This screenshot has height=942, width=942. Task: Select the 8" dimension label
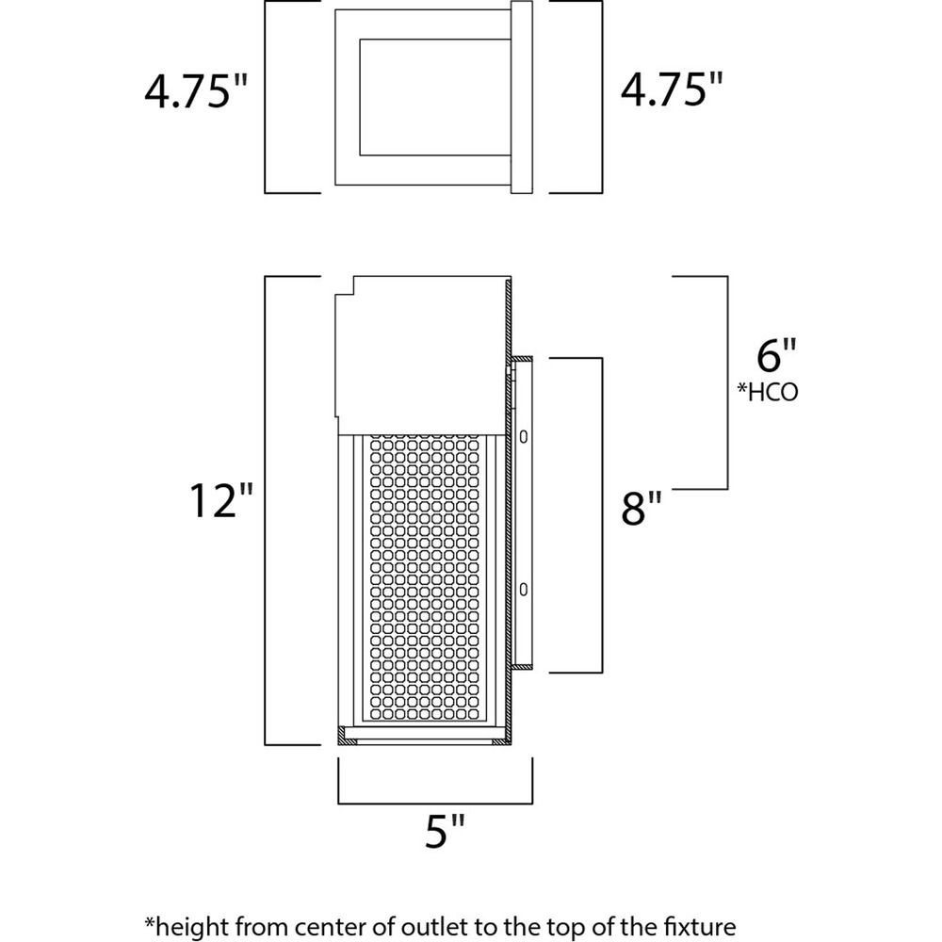pos(642,508)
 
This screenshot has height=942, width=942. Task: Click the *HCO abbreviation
pos(768,392)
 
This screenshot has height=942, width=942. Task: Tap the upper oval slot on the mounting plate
pos(523,436)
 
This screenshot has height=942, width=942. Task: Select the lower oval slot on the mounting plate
pos(523,590)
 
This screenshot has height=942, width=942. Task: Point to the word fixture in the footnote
pos(703,926)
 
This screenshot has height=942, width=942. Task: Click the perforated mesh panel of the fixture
pos(424,577)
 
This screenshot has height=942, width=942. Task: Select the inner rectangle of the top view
pos(360,97)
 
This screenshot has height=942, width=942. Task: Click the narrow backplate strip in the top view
pos(522,97)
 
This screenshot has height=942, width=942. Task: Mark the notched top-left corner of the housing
pos(353,293)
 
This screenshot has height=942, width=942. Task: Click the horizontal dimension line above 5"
pos(435,803)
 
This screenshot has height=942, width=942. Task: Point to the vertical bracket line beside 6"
pos(727,382)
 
